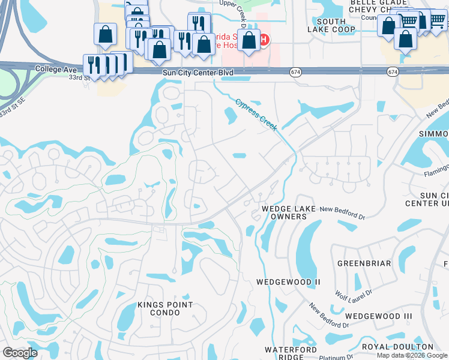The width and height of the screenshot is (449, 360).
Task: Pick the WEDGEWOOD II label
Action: pyautogui.click(x=288, y=281)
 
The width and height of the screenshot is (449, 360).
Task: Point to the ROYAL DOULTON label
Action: pyautogui.click(x=397, y=347)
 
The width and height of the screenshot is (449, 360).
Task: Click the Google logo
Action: pyautogui.click(x=20, y=353)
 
